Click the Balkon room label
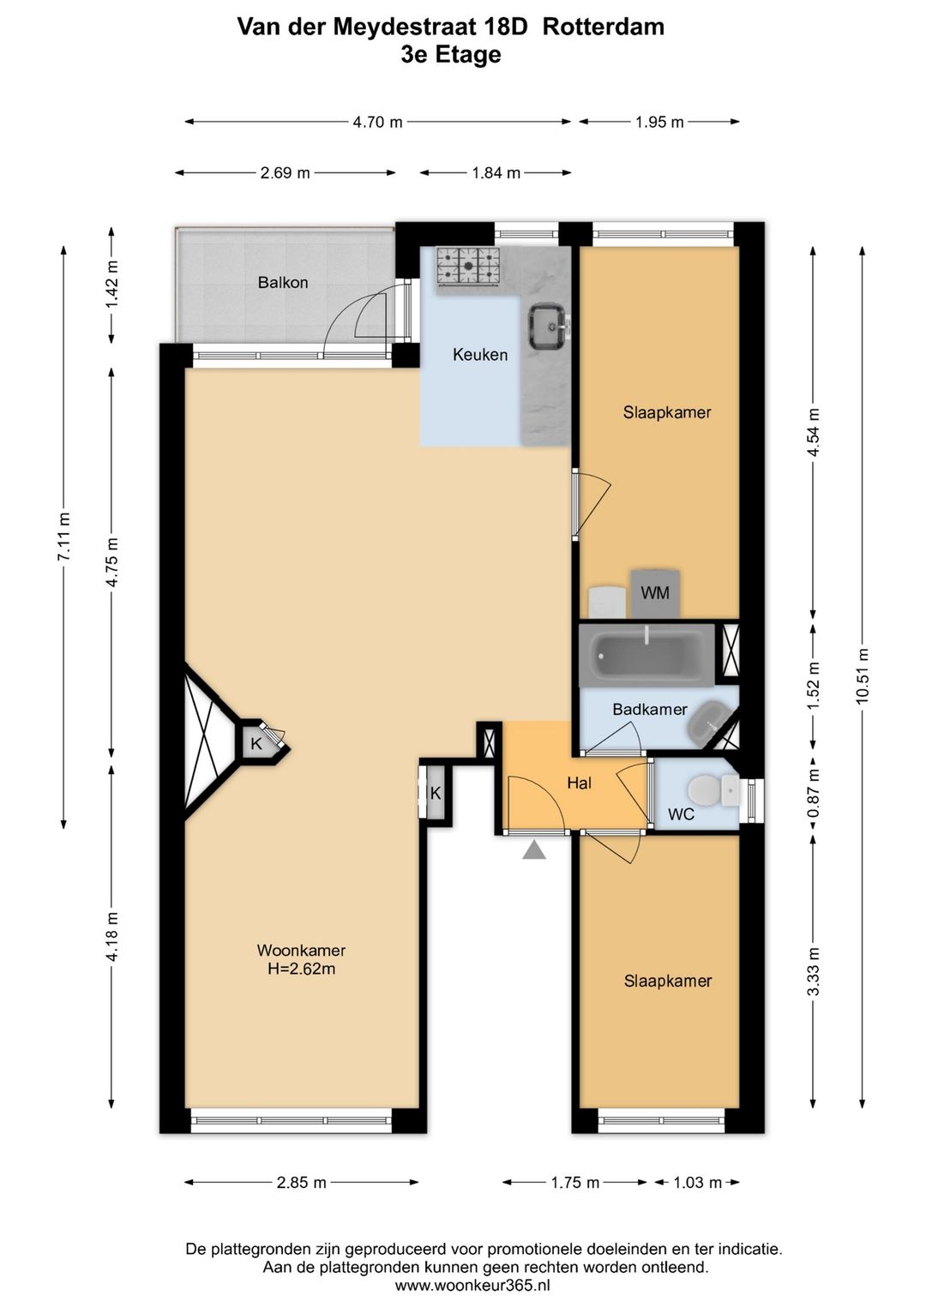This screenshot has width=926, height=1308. [283, 283]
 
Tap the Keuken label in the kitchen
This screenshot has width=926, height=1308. [480, 355]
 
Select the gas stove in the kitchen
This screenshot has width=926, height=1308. [468, 267]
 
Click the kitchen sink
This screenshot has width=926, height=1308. [548, 327]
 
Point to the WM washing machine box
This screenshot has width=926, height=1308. [655, 593]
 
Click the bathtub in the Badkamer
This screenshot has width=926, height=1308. [646, 655]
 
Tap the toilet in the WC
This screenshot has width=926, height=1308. [706, 791]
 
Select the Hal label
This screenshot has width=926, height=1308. [579, 783]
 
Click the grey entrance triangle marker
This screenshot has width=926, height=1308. [534, 850]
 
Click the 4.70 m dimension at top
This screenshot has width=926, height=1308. [377, 122]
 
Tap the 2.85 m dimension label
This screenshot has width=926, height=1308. [302, 1183]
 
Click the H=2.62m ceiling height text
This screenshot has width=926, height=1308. [302, 969]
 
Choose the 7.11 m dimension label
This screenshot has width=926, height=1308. [63, 536]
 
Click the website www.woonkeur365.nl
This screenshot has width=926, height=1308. [472, 1285]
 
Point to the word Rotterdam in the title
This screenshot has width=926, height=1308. [604, 27]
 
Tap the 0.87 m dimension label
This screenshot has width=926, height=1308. [813, 792]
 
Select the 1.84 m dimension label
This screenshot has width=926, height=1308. [496, 173]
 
